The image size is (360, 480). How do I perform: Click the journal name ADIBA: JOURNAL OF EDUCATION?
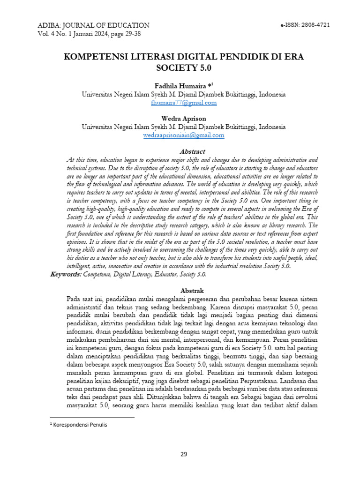tap(90, 25)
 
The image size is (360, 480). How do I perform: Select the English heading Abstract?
tap(193, 151)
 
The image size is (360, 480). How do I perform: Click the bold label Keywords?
tap(66, 274)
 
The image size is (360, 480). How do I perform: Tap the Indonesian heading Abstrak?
tap(193, 291)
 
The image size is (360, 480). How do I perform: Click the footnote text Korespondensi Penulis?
tap(80, 425)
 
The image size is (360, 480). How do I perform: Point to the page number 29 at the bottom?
tap(184, 454)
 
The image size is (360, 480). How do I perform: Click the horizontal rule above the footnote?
tap(92, 417)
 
